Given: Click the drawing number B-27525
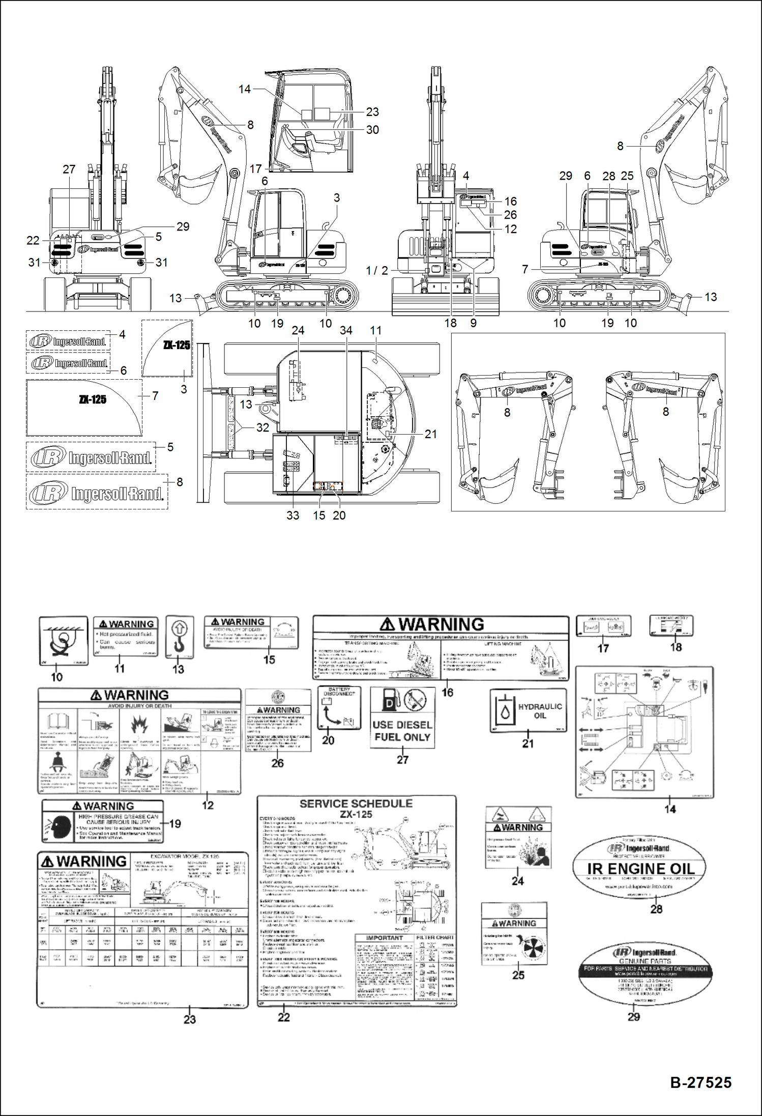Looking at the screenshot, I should click(700, 1082).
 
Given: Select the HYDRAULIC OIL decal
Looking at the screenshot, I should click(528, 710).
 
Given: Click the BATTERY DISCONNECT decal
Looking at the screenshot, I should click(339, 708).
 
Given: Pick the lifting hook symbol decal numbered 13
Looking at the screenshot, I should click(180, 637).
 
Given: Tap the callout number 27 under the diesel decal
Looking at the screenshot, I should click(402, 760).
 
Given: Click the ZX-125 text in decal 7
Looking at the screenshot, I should click(93, 399).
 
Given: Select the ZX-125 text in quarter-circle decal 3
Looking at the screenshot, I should click(177, 345).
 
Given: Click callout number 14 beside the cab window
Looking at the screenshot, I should click(245, 89).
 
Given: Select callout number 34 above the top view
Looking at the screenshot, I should click(346, 330).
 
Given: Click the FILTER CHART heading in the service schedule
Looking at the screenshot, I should click(435, 937).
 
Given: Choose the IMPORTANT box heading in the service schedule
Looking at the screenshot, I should click(384, 938).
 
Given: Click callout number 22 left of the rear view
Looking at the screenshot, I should click(33, 241).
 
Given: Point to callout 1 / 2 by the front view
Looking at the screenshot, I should click(377, 270).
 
